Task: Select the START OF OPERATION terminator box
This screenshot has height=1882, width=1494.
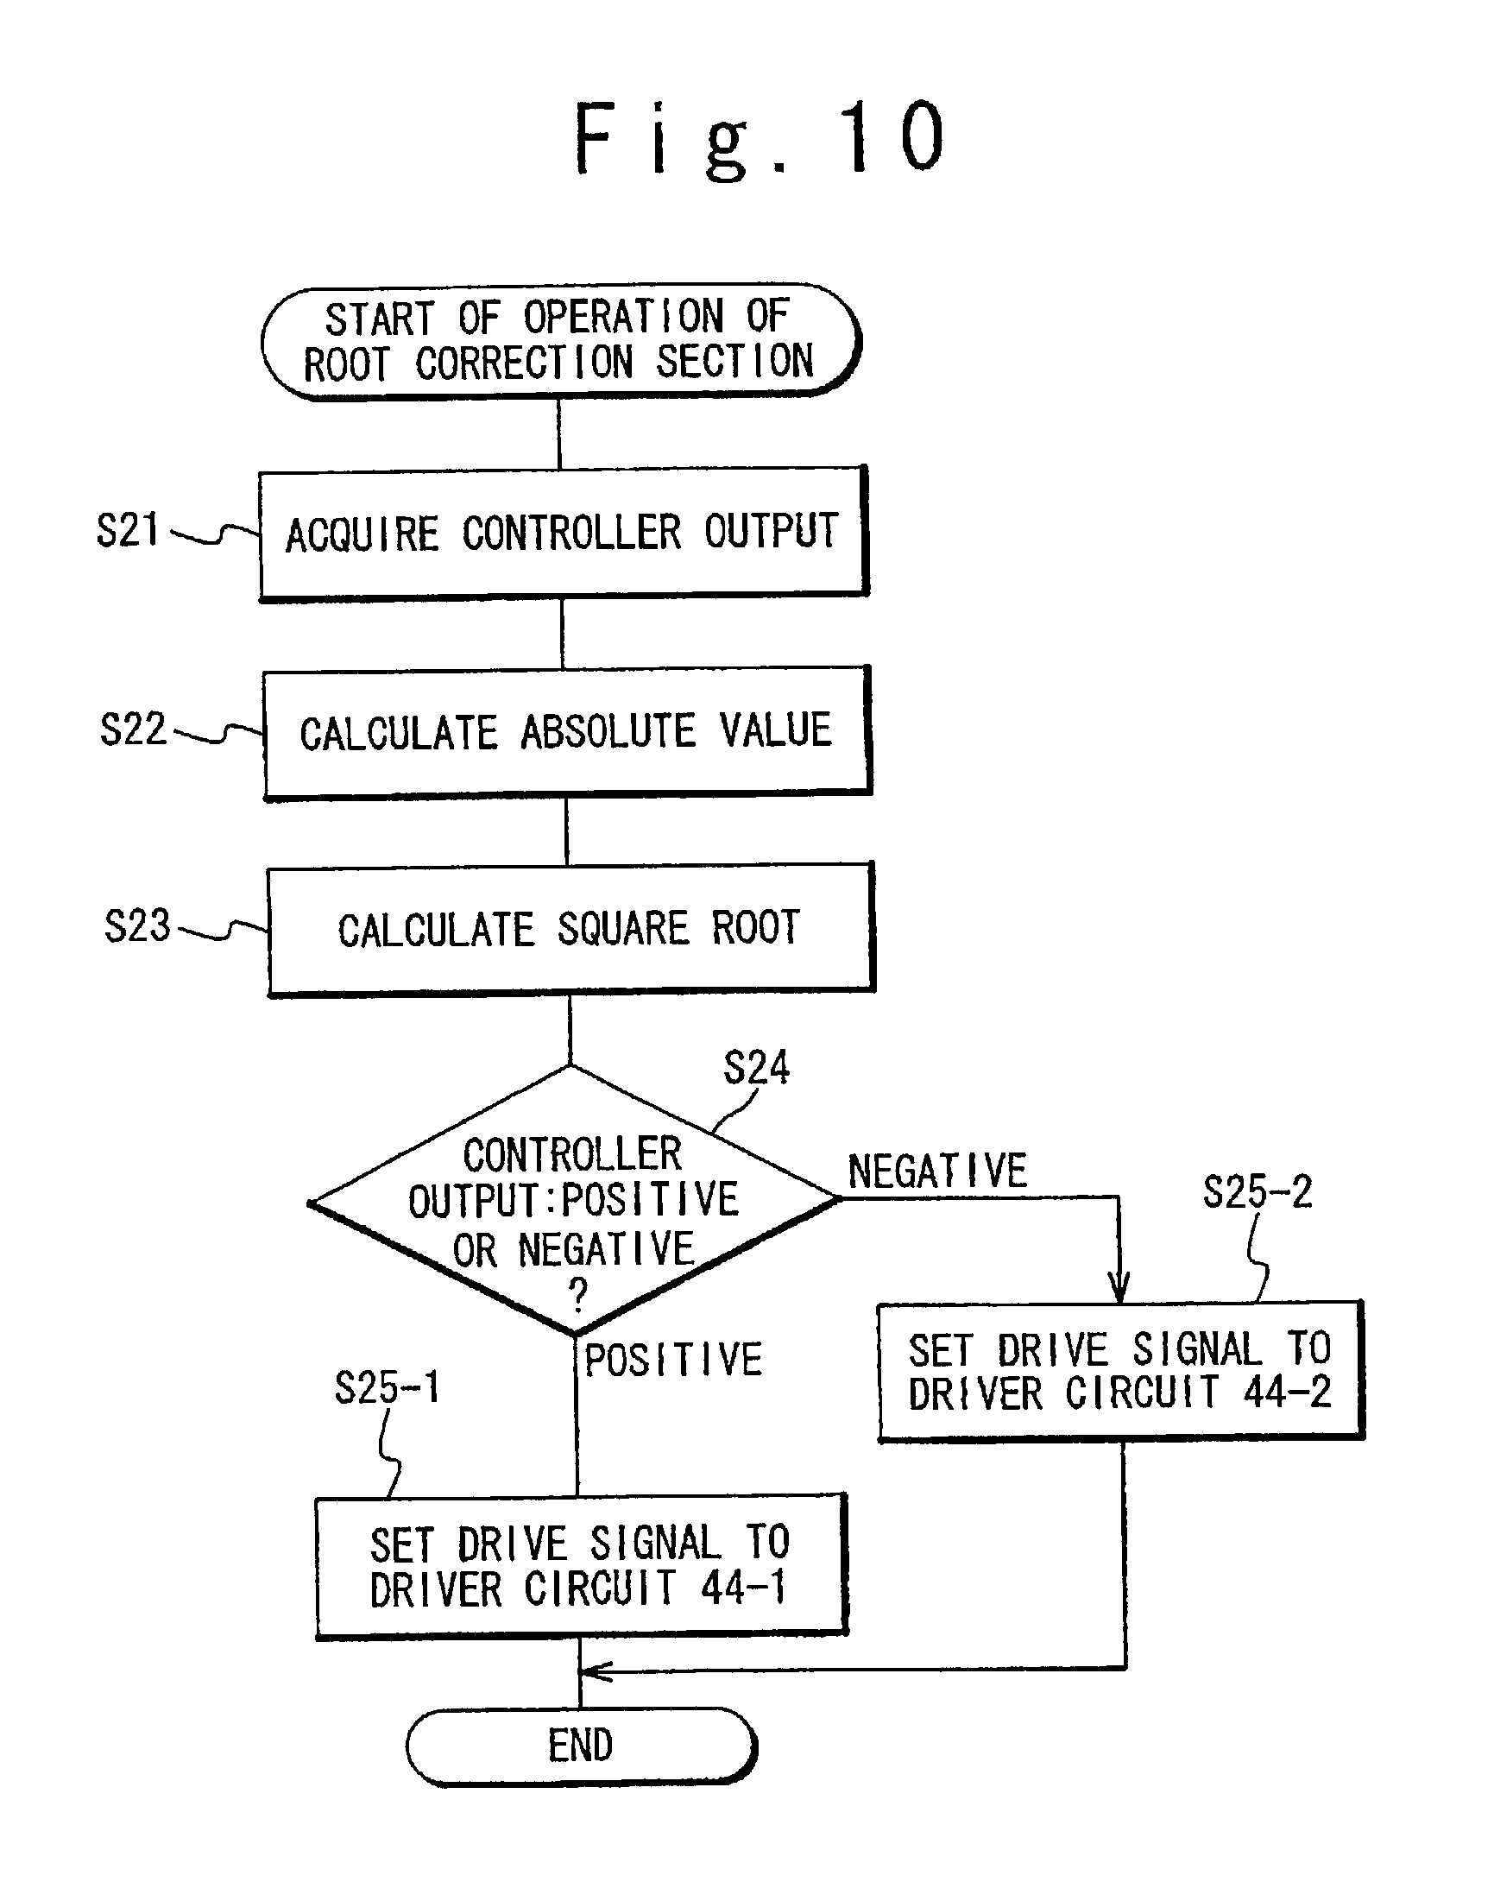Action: (x=561, y=341)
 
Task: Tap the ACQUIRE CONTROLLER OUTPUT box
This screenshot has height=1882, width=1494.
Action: (x=563, y=534)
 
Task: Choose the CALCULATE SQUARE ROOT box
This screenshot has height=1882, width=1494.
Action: (x=570, y=929)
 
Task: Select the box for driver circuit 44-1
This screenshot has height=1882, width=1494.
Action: (x=581, y=1566)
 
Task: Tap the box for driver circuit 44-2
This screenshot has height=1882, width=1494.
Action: (x=1120, y=1370)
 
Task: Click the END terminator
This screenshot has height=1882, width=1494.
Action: (x=581, y=1746)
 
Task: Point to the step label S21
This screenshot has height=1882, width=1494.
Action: (x=128, y=530)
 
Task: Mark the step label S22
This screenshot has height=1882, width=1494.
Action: (x=133, y=729)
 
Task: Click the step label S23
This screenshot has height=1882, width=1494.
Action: (x=137, y=925)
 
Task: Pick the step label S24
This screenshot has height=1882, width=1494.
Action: (x=757, y=1068)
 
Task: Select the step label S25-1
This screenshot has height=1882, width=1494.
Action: (x=388, y=1387)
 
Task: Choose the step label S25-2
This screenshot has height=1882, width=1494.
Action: (x=1258, y=1191)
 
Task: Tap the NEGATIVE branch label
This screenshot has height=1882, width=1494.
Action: (x=937, y=1171)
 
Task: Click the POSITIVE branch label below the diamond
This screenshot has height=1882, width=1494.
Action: (x=673, y=1360)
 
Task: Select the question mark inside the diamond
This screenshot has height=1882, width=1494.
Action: (x=577, y=1295)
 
